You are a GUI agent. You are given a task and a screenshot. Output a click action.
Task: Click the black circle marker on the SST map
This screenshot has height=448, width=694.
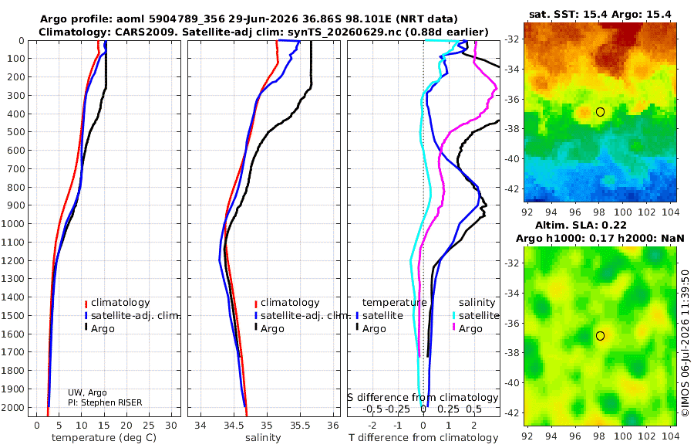click(600, 112)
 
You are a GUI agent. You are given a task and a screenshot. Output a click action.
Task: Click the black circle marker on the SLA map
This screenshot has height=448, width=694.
click(600, 336)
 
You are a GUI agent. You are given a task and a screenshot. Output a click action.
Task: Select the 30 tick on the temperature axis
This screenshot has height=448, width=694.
click(171, 426)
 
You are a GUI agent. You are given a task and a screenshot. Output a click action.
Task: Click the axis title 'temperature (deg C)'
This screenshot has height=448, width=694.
click(104, 438)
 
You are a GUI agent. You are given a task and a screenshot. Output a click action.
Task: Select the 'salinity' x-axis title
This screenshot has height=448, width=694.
click(263, 438)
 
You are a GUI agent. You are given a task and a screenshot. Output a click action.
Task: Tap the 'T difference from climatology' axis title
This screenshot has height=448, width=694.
click(423, 438)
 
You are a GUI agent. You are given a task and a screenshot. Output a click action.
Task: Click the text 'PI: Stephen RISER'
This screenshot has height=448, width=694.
click(105, 402)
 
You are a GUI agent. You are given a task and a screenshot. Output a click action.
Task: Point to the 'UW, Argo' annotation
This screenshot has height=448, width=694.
click(87, 392)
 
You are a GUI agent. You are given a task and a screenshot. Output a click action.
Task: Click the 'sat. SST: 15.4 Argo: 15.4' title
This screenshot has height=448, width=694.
click(600, 14)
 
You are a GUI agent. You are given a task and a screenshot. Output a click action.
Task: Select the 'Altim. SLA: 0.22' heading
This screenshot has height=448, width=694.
click(581, 226)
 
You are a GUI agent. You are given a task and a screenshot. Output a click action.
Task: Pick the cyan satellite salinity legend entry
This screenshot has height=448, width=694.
click(476, 315)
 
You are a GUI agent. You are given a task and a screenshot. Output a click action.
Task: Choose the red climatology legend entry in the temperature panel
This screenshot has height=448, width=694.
click(117, 303)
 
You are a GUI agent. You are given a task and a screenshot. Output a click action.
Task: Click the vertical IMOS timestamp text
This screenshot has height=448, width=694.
click(686, 343)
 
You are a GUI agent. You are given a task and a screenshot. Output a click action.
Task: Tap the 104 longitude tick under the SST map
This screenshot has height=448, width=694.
click(671, 212)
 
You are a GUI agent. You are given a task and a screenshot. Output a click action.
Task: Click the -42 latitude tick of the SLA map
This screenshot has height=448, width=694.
click(511, 412)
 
